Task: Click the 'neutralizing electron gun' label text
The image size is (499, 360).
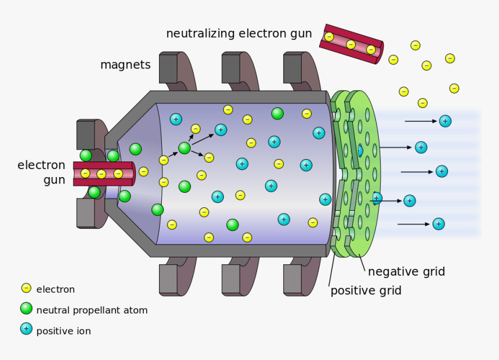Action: [238, 34]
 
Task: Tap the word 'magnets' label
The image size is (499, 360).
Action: [125, 64]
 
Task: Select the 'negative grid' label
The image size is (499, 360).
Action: [406, 271]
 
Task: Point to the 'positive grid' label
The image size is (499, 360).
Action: [366, 290]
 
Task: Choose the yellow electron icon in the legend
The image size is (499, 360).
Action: [26, 288]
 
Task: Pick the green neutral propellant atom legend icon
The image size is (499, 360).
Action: [26, 308]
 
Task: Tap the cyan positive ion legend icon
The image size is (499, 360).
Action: [26, 329]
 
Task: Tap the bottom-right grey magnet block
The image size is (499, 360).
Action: [293, 279]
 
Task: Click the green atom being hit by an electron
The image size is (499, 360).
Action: [185, 148]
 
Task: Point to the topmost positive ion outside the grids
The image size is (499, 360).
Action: [444, 121]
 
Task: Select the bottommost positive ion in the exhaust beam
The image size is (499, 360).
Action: [439, 224]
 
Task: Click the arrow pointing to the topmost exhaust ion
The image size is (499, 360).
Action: [421, 121]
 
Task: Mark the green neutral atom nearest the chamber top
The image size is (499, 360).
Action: [277, 113]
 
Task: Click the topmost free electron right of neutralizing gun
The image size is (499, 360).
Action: [415, 45]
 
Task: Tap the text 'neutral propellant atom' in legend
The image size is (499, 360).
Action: [92, 310]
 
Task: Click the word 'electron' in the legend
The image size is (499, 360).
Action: [55, 289]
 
